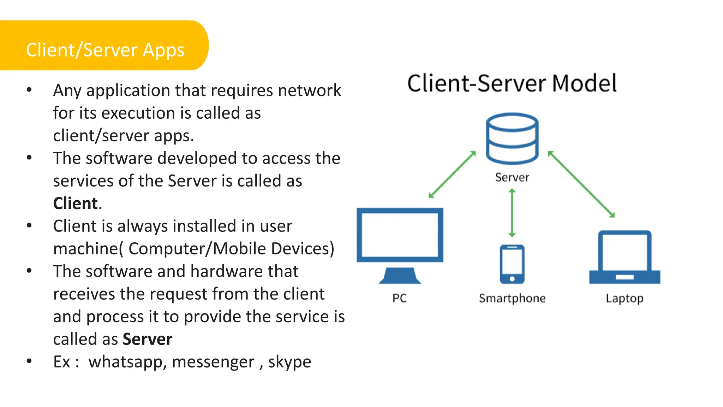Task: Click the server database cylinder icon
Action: coord(512,138)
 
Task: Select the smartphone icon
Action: coord(512,264)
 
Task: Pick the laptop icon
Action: coord(625,257)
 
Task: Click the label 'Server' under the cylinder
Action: coord(512,177)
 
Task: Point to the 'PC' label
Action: coord(400,298)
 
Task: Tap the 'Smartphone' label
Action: coord(512,298)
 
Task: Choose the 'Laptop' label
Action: coord(625,299)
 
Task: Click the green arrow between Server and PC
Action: coord(452,175)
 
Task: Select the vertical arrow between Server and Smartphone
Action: coord(512,213)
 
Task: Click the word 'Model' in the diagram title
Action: coord(584,83)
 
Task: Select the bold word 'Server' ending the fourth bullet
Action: coord(147,339)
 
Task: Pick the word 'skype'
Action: coord(289,362)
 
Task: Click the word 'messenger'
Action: coord(213,362)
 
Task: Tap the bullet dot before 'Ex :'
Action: coord(29,361)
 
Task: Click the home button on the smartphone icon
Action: coord(512,279)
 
